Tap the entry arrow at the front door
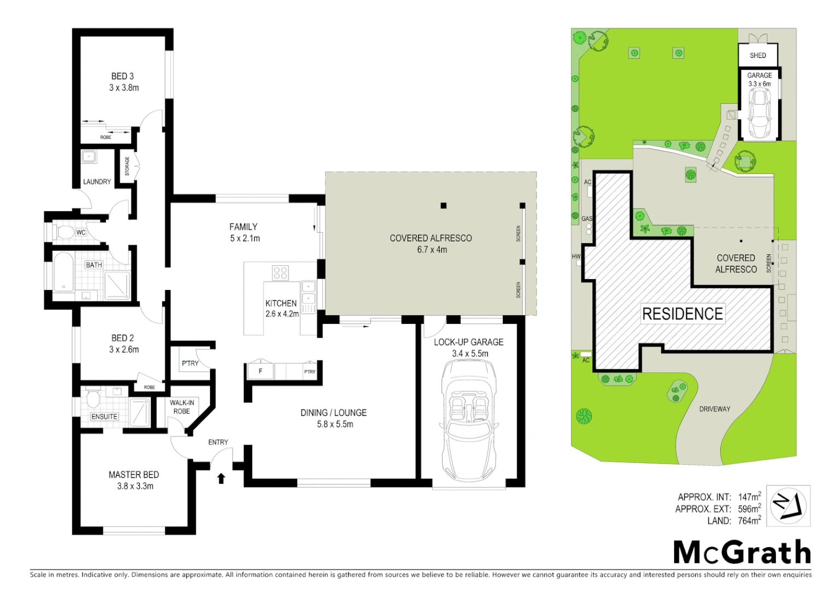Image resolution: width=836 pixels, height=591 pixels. point(221,479)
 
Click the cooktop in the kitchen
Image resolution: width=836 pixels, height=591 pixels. point(281,273)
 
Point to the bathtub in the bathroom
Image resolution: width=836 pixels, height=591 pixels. point(63,272)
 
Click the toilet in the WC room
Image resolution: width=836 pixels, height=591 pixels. point(65,233)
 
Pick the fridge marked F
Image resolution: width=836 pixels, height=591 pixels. point(260,371)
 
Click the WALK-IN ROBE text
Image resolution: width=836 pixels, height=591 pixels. point(182,407)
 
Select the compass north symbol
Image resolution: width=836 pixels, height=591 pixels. point(788,505)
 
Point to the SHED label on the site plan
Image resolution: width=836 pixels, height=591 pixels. point(758,55)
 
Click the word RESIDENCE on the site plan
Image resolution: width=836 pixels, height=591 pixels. point(682,314)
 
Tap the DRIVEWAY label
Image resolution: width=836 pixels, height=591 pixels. point(715,409)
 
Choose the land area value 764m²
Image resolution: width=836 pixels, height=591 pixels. point(749,521)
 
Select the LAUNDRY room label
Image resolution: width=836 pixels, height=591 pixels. point(97,182)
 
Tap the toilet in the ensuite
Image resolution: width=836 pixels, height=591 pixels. point(92,398)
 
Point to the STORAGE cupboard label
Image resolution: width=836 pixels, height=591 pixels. point(127,166)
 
